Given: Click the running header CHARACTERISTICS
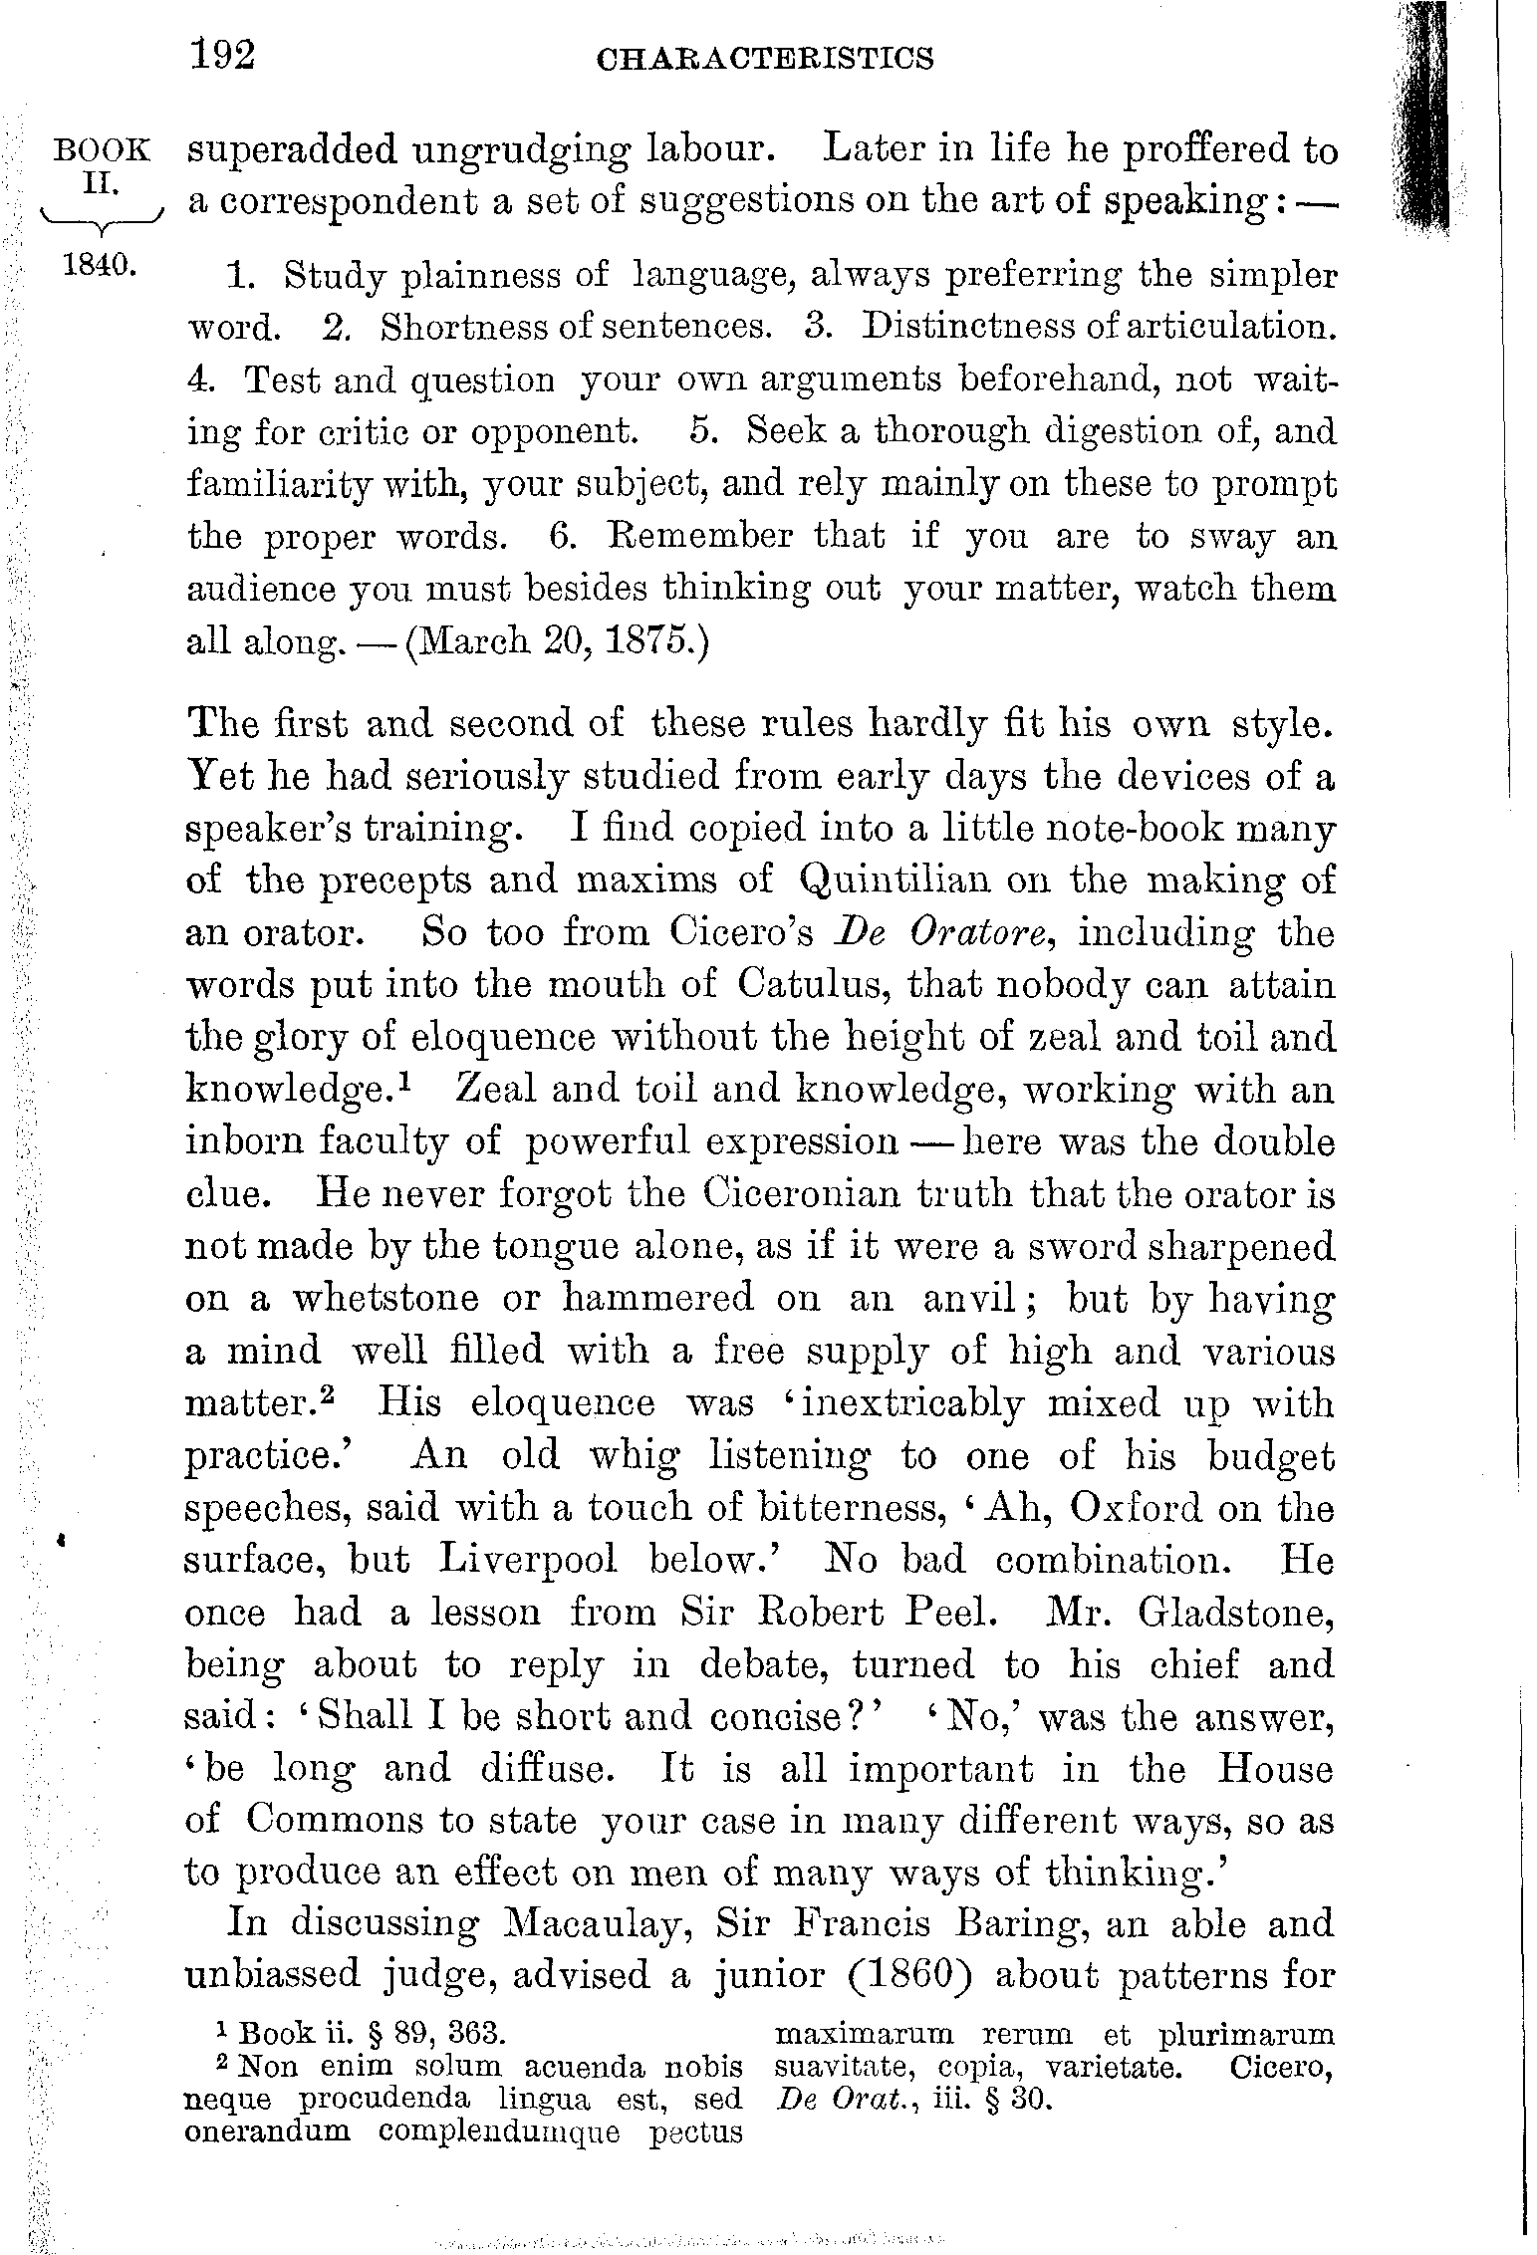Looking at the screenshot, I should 764,59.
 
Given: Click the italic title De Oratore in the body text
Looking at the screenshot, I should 941,933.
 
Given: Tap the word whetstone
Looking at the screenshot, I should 411,1298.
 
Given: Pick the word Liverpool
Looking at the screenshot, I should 529,1559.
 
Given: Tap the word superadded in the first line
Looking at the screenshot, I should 292,151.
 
